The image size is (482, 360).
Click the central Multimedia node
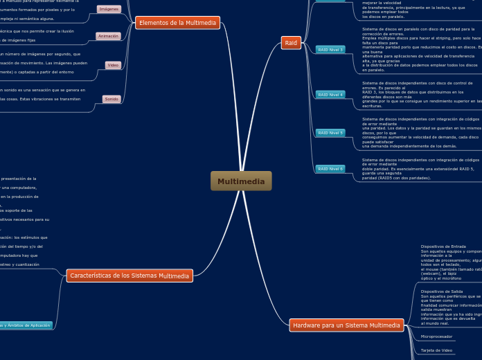pyautogui.click(x=241, y=181)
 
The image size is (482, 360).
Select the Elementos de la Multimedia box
pyautogui.click(x=177, y=23)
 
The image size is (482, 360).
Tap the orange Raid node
pyautogui.click(x=291, y=43)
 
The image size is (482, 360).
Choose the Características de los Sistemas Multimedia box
pyautogui.click(x=130, y=276)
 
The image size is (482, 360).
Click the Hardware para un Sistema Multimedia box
pyautogui.click(x=346, y=325)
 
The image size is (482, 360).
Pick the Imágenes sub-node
pyautogui.click(x=109, y=9)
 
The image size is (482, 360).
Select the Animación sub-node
pyautogui.click(x=108, y=36)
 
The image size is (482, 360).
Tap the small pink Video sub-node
pyautogui.click(x=112, y=65)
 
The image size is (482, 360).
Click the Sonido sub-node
pyautogui.click(x=111, y=99)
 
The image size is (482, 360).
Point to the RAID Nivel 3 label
pyautogui.click(x=330, y=50)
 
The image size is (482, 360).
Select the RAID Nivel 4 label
pyautogui.click(x=330, y=94)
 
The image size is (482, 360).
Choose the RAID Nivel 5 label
pyautogui.click(x=330, y=132)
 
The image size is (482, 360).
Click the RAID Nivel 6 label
pyautogui.click(x=330, y=168)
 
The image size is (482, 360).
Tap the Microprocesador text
pyautogui.click(x=437, y=336)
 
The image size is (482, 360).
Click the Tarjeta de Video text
pyautogui.click(x=437, y=350)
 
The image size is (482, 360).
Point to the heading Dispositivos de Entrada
pyautogui.click(x=443, y=246)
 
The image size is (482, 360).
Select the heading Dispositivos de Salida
pyautogui.click(x=442, y=291)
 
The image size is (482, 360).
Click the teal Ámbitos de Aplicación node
pyautogui.click(x=26, y=325)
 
